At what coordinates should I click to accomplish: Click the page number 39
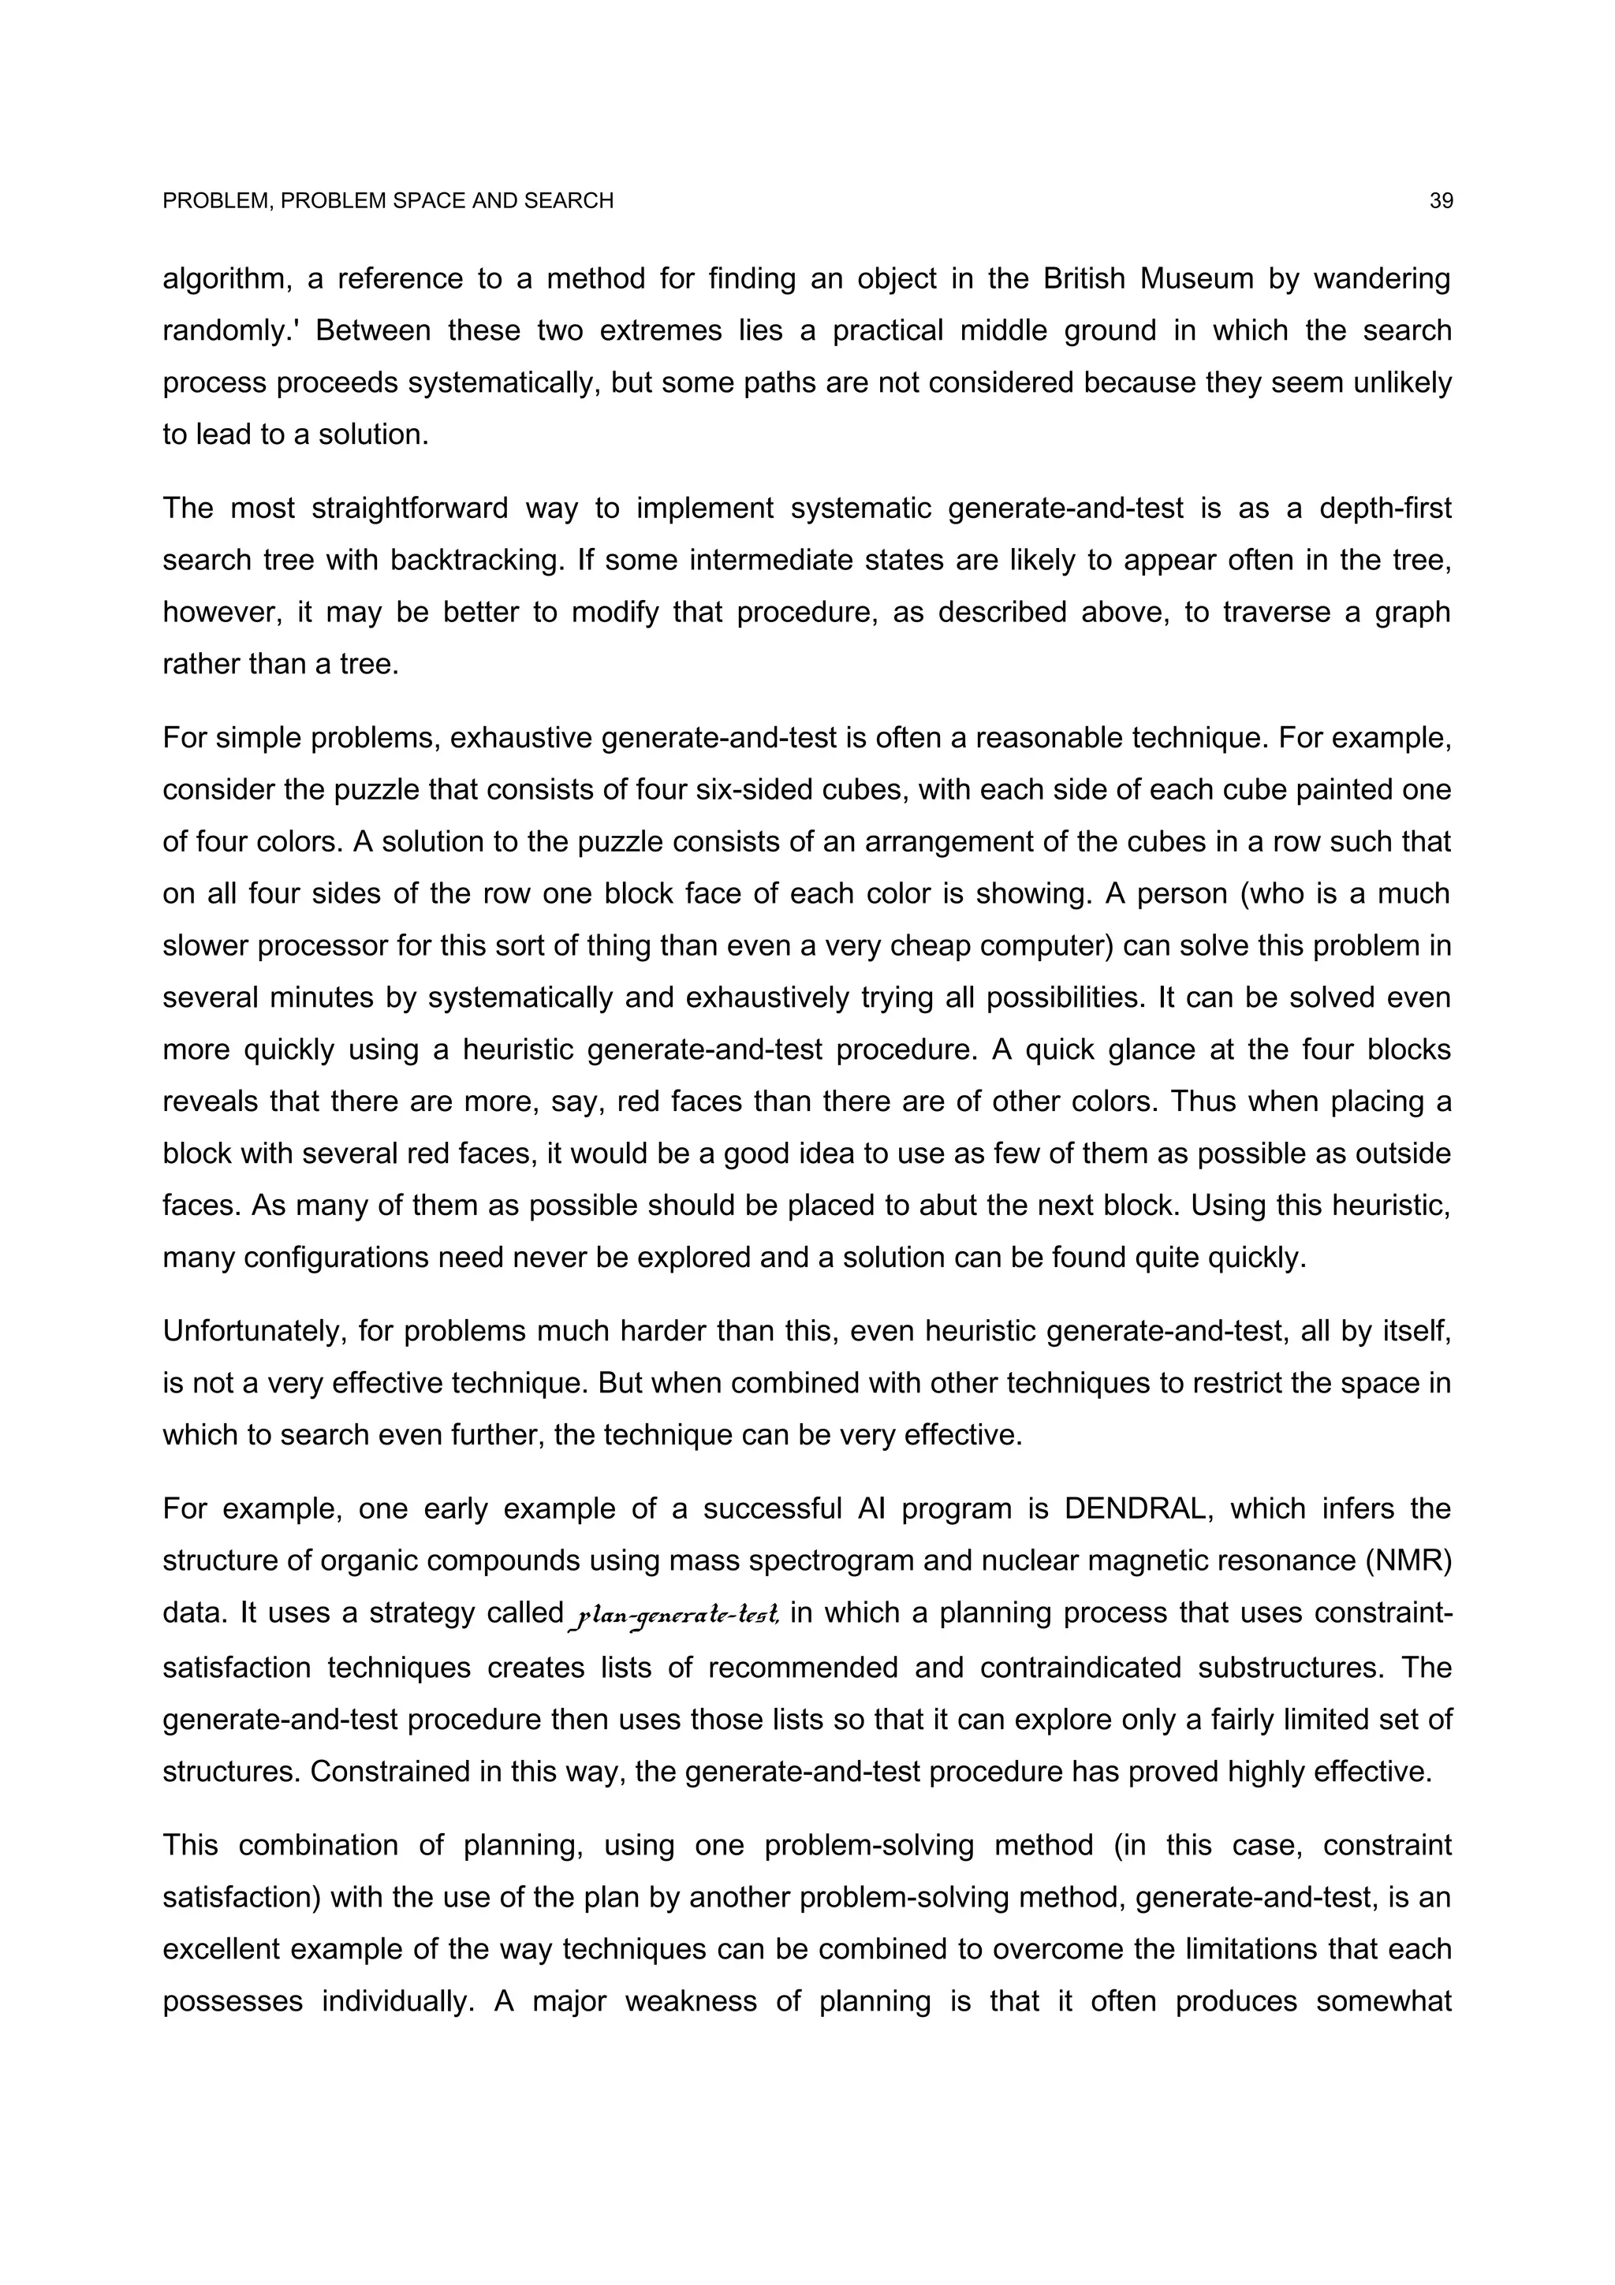[x=1441, y=201]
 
